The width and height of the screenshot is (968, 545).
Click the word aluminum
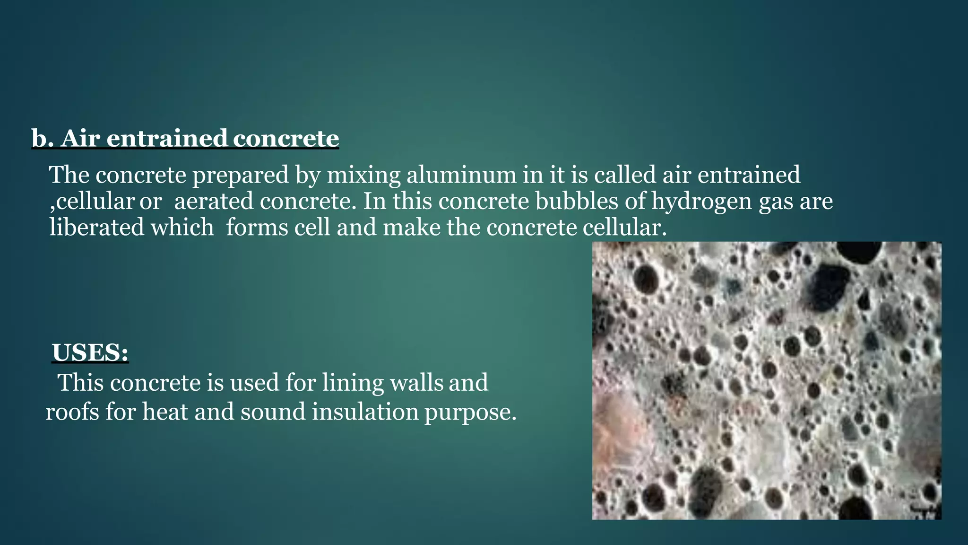point(461,175)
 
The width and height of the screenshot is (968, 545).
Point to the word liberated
point(97,228)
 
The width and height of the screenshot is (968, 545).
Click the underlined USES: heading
point(90,353)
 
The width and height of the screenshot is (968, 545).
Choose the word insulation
point(365,412)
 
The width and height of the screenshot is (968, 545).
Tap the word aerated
point(214,202)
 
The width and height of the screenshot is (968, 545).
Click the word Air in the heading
point(80,139)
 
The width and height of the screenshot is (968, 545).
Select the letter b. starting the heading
point(42,139)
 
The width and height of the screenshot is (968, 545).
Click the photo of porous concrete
point(767,380)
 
